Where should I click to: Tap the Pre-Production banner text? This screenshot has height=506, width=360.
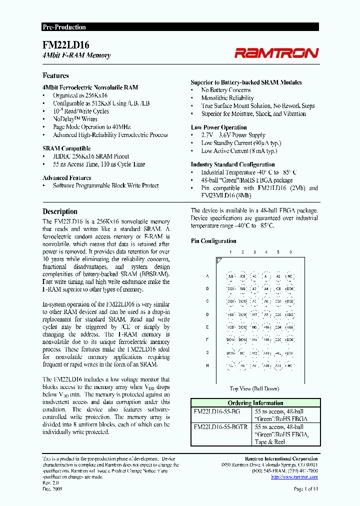63,27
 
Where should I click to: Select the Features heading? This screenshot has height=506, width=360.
55,75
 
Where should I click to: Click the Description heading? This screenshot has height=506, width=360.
59,211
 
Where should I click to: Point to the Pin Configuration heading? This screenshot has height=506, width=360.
213,241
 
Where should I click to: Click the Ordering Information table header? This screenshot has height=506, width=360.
255,403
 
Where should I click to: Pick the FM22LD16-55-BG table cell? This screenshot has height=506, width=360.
216,411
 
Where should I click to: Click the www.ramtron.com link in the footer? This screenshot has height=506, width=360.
294,476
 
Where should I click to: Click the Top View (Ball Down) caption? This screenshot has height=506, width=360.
254,388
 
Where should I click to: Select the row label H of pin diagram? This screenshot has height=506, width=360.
207,365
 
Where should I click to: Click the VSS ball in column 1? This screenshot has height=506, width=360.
230,314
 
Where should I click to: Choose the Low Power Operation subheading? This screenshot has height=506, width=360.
218,127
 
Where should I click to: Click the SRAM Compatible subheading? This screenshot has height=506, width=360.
66,148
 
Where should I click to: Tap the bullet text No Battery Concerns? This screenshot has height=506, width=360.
226,90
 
